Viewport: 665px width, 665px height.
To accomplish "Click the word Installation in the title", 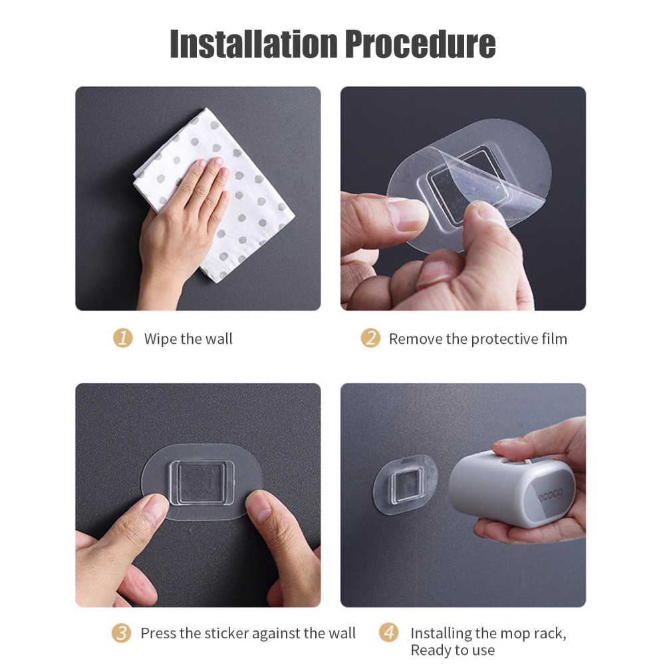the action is pyautogui.click(x=253, y=44).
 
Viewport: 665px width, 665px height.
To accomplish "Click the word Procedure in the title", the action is pyautogui.click(x=420, y=44).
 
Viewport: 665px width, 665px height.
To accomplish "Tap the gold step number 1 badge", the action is pyautogui.click(x=122, y=338).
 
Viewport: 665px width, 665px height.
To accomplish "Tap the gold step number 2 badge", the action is pyautogui.click(x=370, y=338).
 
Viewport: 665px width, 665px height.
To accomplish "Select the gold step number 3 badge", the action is pyautogui.click(x=121, y=633).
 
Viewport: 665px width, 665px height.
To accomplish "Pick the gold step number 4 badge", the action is pyautogui.click(x=388, y=633).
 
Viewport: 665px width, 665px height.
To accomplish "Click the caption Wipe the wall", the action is pyautogui.click(x=188, y=339).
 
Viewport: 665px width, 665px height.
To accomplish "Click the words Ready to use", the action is pyautogui.click(x=452, y=650).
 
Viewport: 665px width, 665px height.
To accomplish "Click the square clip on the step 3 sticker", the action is pyautogui.click(x=201, y=483).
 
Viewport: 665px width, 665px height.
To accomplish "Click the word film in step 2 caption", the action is pyautogui.click(x=555, y=339).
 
